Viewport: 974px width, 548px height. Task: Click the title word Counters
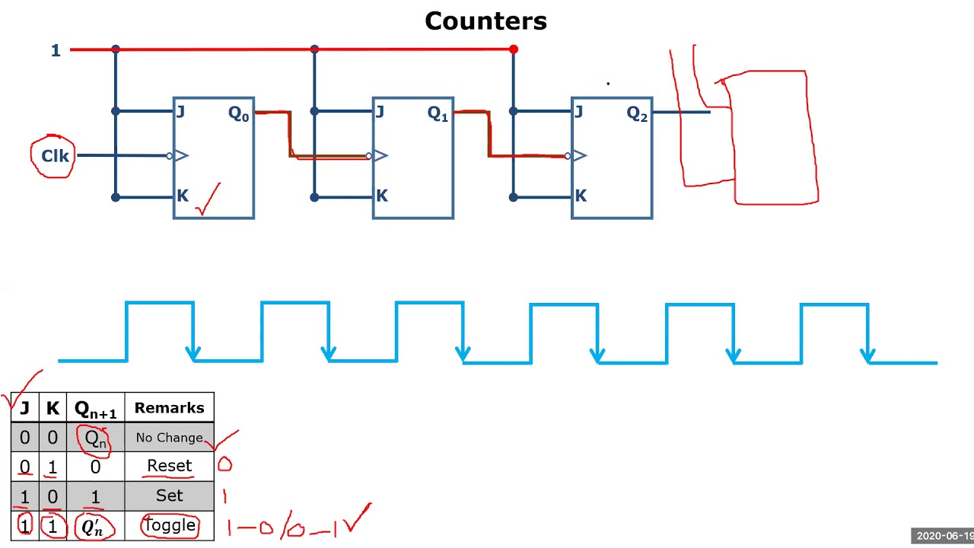485,21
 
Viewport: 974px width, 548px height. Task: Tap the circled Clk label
54,156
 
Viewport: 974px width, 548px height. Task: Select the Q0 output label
238,114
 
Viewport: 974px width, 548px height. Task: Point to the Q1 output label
438,114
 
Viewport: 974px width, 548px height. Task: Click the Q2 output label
637,114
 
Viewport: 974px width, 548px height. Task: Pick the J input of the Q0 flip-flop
180,113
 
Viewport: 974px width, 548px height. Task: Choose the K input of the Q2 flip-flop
581,196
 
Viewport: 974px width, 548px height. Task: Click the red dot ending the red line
514,49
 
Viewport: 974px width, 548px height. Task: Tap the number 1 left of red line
56,51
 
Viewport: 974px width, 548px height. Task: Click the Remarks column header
169,408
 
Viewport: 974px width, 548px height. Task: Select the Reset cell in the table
169,466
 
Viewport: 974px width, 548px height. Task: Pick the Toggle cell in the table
169,525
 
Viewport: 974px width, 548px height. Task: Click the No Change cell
169,438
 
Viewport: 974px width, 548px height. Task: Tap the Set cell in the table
169,495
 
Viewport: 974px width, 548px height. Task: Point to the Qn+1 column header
95,409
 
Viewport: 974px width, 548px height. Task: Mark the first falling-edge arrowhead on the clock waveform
193,353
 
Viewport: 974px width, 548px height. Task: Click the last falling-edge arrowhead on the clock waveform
868,355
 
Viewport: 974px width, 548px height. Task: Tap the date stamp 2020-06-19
944,536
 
